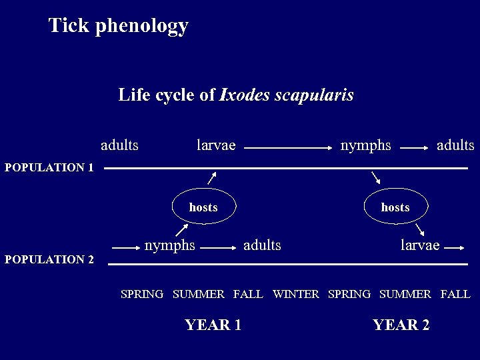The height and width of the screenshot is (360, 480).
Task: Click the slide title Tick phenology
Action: (119, 26)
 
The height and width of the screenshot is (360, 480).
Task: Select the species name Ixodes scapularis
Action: (287, 95)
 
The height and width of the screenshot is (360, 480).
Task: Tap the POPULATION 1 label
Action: (49, 167)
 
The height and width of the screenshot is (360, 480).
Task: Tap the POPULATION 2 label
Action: (49, 259)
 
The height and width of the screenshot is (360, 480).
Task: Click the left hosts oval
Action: (203, 207)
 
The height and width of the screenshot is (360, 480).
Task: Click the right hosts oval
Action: (395, 207)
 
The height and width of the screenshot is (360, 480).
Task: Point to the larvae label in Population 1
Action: (216, 145)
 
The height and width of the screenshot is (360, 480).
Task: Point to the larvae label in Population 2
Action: (420, 245)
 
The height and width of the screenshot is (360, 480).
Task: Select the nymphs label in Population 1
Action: (365, 145)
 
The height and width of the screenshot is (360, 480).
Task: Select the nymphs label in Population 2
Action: (170, 245)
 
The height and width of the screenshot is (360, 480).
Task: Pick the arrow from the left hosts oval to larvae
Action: (212, 177)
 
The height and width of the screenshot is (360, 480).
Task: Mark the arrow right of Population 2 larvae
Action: (454, 247)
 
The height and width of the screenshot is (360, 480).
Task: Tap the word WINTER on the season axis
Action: (296, 294)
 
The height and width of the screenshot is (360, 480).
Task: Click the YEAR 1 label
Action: (213, 325)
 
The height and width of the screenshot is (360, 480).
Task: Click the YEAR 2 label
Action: (401, 325)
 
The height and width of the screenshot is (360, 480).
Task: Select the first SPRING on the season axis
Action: (142, 294)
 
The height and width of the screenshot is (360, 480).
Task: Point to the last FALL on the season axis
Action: (455, 294)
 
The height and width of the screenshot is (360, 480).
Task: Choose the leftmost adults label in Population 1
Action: (119, 145)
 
